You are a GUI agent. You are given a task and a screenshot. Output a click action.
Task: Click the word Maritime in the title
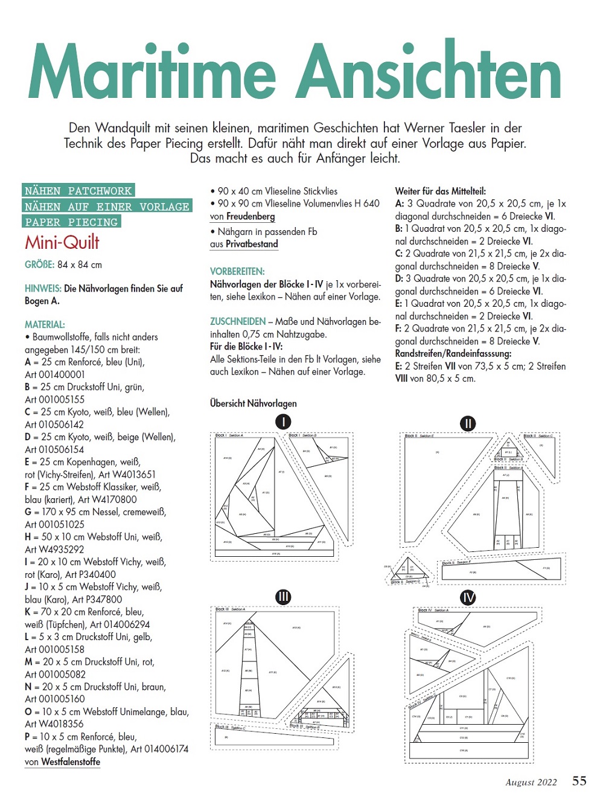tap(151, 72)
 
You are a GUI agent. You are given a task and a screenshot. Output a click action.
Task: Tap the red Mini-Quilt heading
tap(62, 243)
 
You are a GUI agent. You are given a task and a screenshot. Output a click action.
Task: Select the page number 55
tap(579, 781)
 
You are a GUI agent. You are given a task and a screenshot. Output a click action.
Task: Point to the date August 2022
tap(531, 783)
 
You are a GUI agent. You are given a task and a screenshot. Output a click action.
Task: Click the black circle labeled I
tap(283, 422)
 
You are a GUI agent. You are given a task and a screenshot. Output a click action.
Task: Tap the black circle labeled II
tap(468, 423)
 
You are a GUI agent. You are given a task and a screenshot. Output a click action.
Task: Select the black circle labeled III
tap(283, 597)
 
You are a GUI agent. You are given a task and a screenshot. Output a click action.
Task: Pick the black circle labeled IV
tap(468, 597)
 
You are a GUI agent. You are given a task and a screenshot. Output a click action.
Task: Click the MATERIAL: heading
tap(45, 324)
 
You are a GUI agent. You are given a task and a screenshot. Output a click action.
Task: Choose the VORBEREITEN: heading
tap(237, 272)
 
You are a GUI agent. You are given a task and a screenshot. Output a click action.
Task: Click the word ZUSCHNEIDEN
tap(238, 321)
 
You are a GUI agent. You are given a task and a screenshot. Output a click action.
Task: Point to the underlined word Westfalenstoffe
tap(71, 762)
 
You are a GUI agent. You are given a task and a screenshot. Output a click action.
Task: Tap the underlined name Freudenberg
tap(250, 216)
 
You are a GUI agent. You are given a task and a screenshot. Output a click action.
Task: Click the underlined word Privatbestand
tap(252, 244)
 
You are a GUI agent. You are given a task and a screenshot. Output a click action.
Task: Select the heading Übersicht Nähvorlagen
tap(254, 403)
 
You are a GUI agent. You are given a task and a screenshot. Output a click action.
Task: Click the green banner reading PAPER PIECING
tap(71, 222)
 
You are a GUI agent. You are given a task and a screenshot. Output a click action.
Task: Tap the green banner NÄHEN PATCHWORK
tap(78, 191)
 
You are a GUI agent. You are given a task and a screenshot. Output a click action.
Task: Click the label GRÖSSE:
tap(39, 265)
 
